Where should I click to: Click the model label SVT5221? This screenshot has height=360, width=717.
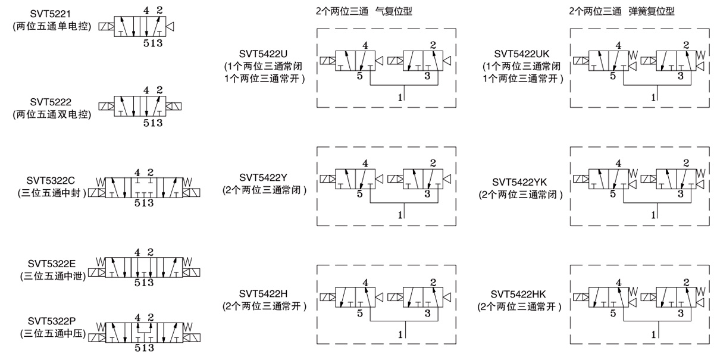click(x=52, y=14)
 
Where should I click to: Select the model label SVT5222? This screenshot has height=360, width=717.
click(x=52, y=102)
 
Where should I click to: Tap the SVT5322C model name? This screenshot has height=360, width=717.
click(x=51, y=180)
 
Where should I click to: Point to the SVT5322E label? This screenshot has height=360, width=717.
click(x=51, y=262)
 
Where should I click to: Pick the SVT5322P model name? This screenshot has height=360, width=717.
click(x=51, y=320)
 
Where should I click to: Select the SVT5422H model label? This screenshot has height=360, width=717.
click(x=264, y=293)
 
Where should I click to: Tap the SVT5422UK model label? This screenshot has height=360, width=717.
click(x=520, y=54)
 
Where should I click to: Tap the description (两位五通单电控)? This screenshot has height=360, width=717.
click(x=52, y=27)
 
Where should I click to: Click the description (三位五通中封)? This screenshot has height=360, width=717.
click(x=52, y=193)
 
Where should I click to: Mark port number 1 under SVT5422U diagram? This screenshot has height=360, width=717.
click(x=400, y=95)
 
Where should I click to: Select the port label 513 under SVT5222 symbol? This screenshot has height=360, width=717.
click(x=152, y=123)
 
